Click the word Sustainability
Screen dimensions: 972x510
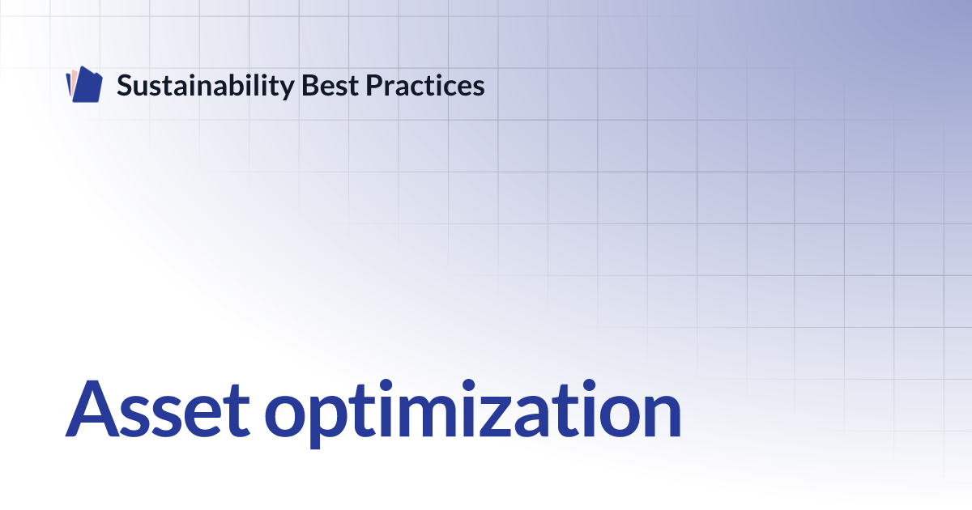[206, 86]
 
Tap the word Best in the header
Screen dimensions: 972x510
[330, 85]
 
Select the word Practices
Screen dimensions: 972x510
[424, 85]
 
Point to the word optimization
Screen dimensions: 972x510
[473, 413]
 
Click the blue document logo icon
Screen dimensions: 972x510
[84, 84]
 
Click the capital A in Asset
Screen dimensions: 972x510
[92, 408]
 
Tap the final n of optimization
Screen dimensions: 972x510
[661, 415]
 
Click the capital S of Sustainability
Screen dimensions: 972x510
[125, 85]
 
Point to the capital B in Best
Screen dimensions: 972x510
[310, 85]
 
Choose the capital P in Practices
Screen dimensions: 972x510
[374, 85]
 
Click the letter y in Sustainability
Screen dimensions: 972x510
[287, 89]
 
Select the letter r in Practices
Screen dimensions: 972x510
[391, 87]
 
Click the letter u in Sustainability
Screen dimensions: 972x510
[143, 88]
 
